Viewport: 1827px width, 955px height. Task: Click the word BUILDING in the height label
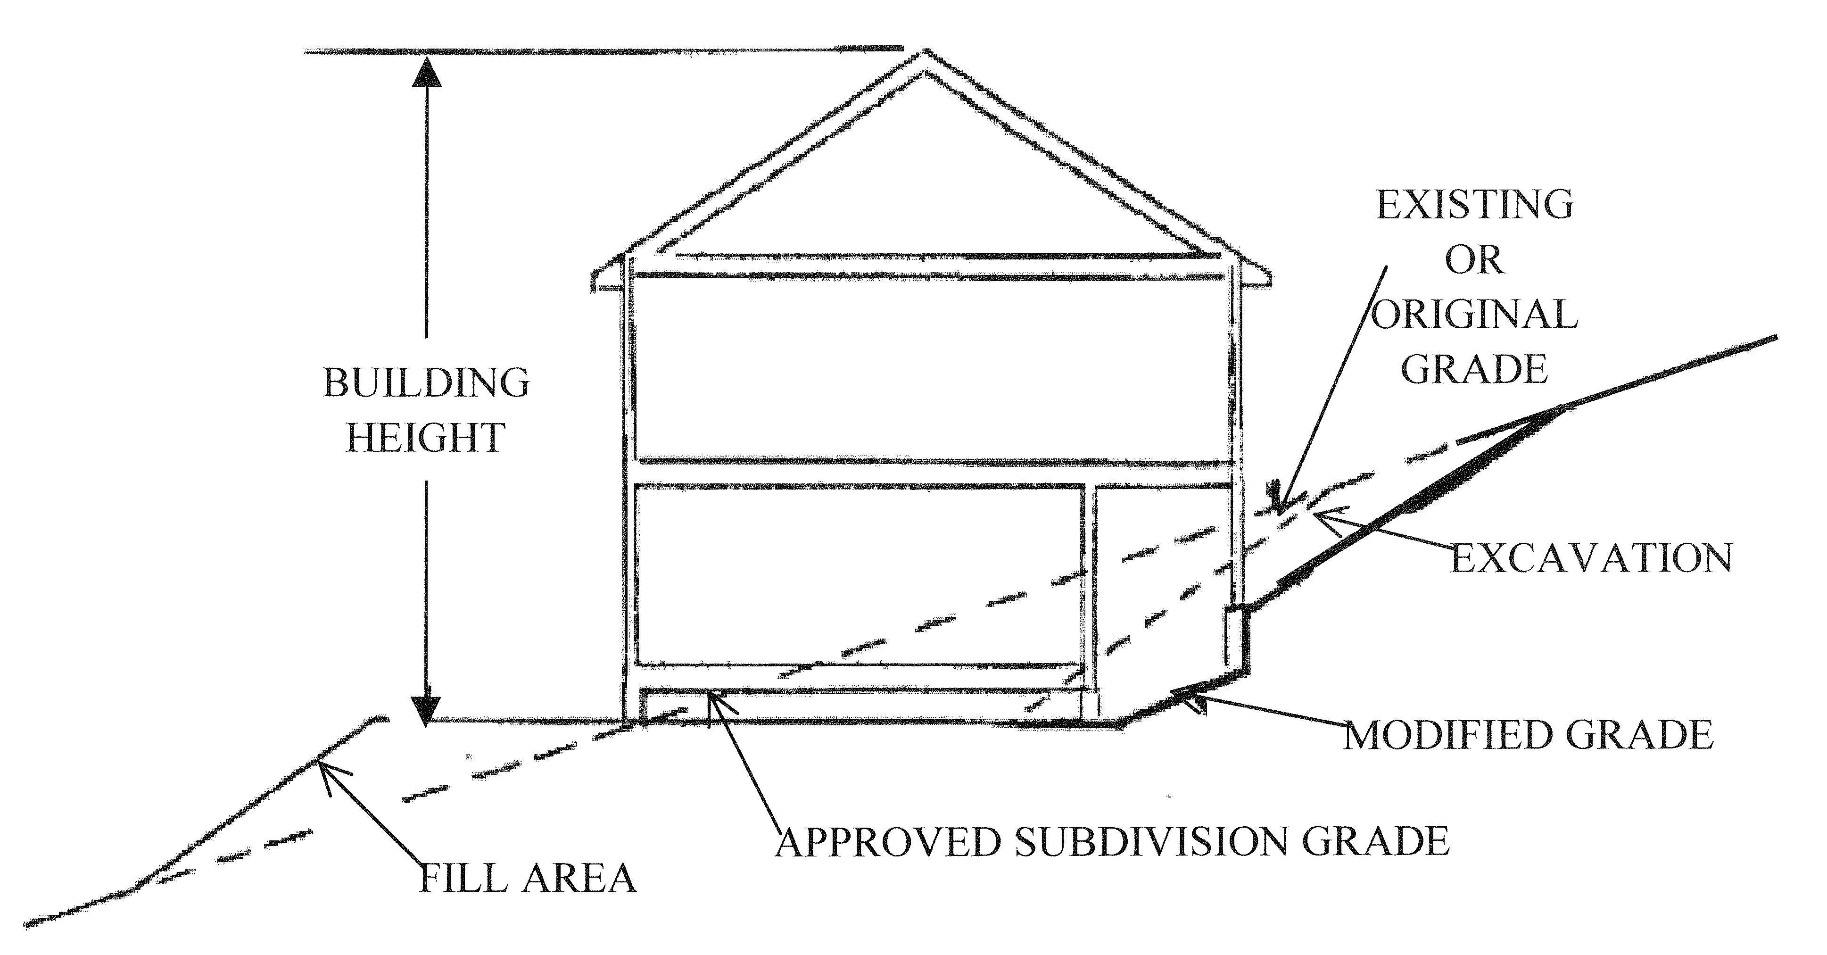426,383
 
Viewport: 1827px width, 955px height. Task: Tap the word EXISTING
1474,205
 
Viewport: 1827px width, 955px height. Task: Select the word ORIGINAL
1474,314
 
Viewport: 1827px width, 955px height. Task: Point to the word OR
1474,260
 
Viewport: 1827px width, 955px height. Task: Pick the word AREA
579,879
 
